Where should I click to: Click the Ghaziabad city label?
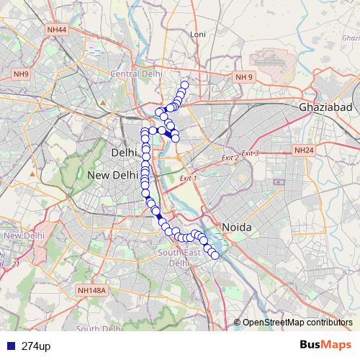pos(325,107)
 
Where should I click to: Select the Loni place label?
pos(197,34)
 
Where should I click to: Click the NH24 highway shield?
pos(303,150)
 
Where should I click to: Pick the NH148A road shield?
pos(91,290)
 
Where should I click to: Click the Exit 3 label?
pos(250,153)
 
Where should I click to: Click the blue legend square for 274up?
pos(7,346)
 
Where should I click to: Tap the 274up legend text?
pos(36,346)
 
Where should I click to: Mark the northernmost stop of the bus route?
pos(184,86)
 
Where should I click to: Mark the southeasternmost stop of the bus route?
pos(215,255)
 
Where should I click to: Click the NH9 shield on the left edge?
pos(20,73)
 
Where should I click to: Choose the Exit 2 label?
pos(230,158)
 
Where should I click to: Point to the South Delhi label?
pos(98,329)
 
